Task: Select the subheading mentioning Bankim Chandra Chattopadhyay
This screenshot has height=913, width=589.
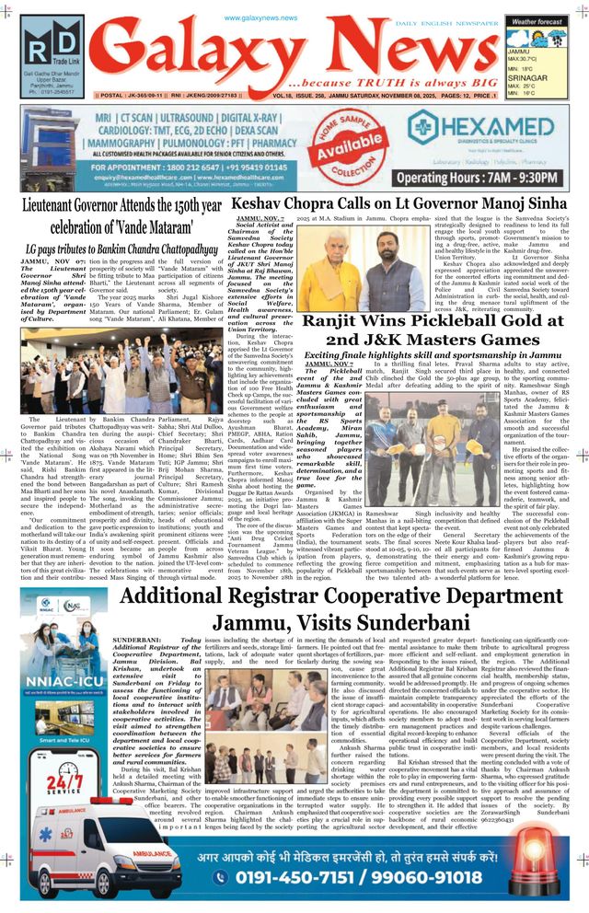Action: pyautogui.click(x=121, y=248)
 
